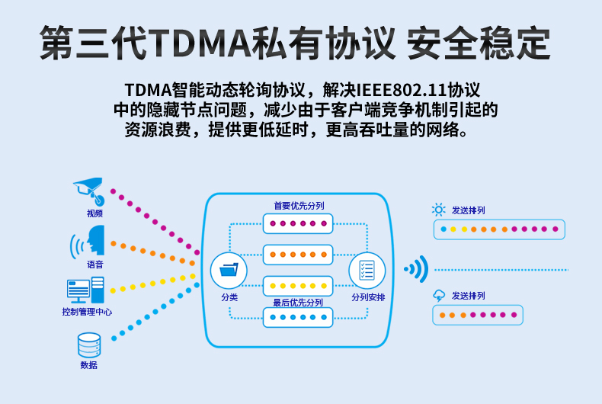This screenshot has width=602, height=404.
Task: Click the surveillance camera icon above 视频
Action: click(89, 191)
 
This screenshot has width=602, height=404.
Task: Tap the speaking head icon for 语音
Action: click(88, 241)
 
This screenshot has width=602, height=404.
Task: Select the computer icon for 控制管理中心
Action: click(85, 290)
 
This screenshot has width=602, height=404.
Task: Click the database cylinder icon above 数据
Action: click(89, 345)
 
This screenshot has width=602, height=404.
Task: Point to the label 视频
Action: click(94, 213)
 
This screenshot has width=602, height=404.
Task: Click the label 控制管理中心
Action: click(87, 312)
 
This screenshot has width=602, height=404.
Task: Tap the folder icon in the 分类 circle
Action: click(229, 270)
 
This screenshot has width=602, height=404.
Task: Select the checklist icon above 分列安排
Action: click(367, 270)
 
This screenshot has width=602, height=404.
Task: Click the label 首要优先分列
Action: click(299, 206)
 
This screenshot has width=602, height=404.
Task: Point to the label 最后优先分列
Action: click(298, 303)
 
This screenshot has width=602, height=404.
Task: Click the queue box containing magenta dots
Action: click(298, 223)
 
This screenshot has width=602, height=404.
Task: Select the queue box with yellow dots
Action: click(298, 286)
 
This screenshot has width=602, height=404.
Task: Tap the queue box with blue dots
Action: click(298, 317)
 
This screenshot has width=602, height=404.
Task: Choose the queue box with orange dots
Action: click(298, 255)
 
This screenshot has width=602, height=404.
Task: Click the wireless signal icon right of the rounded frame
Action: click(417, 269)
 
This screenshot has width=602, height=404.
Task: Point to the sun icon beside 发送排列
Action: click(438, 210)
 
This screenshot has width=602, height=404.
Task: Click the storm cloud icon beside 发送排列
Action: click(439, 296)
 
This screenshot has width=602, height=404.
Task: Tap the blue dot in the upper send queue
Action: click(443, 229)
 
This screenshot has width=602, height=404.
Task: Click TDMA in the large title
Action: click(200, 43)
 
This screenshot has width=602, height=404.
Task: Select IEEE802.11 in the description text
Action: click(401, 90)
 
